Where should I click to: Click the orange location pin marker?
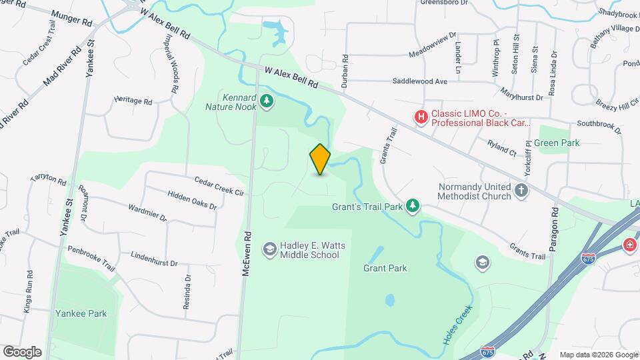point(321,159)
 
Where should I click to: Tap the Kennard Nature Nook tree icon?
point(267,101)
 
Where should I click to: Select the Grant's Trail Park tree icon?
point(413,206)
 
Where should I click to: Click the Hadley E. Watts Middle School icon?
point(269,249)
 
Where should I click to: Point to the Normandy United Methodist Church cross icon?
point(521,192)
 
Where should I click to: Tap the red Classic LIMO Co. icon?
point(421,117)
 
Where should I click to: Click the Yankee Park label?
point(81,313)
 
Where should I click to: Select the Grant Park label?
point(385,269)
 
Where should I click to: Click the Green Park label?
point(557,143)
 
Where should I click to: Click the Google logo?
point(22,351)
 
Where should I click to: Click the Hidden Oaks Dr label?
point(192,201)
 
